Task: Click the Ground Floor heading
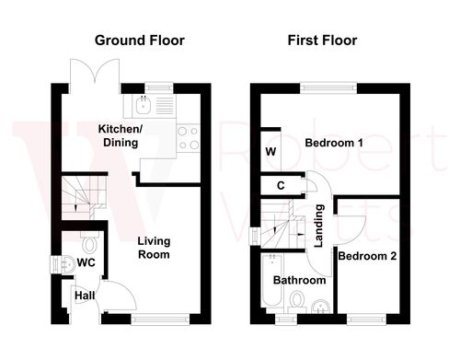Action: coord(141,41)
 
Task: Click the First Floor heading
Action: coord(322,41)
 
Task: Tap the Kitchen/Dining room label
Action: coord(120,136)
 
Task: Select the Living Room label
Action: coord(154,248)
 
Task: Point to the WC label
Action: coord(86,263)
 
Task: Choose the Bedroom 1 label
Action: coord(335,145)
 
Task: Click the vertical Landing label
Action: coord(319,227)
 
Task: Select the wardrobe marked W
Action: coord(270,151)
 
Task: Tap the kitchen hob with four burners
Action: coord(188,138)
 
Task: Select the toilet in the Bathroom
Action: coord(297,300)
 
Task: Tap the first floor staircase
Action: coord(278,226)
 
